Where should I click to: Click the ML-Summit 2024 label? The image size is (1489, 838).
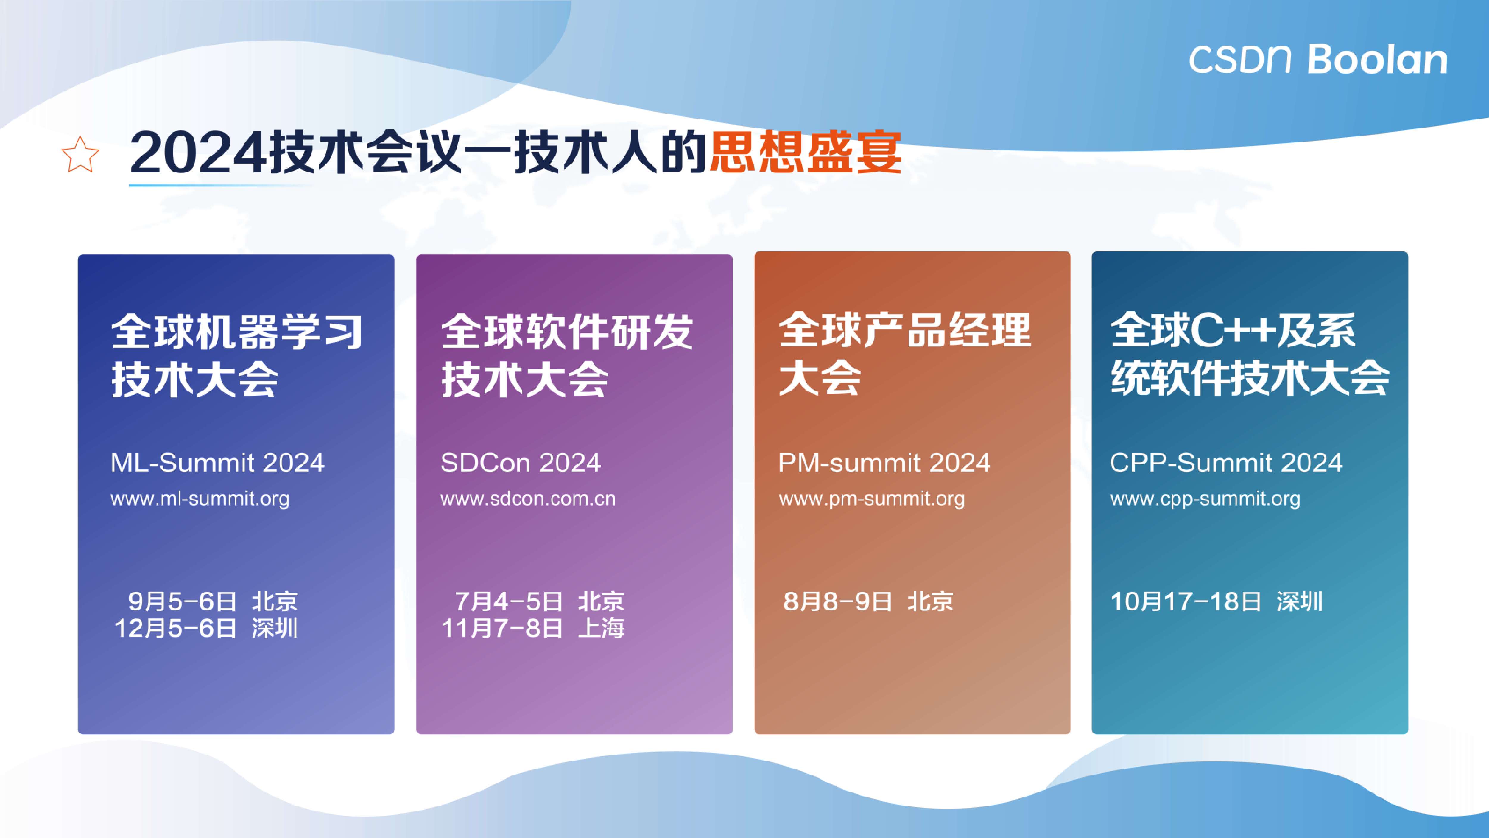pos(217,463)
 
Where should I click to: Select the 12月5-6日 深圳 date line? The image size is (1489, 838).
pos(206,628)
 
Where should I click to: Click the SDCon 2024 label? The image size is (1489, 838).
pos(520,463)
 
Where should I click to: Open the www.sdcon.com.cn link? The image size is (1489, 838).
pos(528,498)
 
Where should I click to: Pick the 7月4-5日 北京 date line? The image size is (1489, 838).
pos(539,601)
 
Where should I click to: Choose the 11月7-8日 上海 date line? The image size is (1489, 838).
pos(532,628)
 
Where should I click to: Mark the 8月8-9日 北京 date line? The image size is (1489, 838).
pos(868,601)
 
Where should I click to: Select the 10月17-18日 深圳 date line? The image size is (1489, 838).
pos(1216,601)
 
